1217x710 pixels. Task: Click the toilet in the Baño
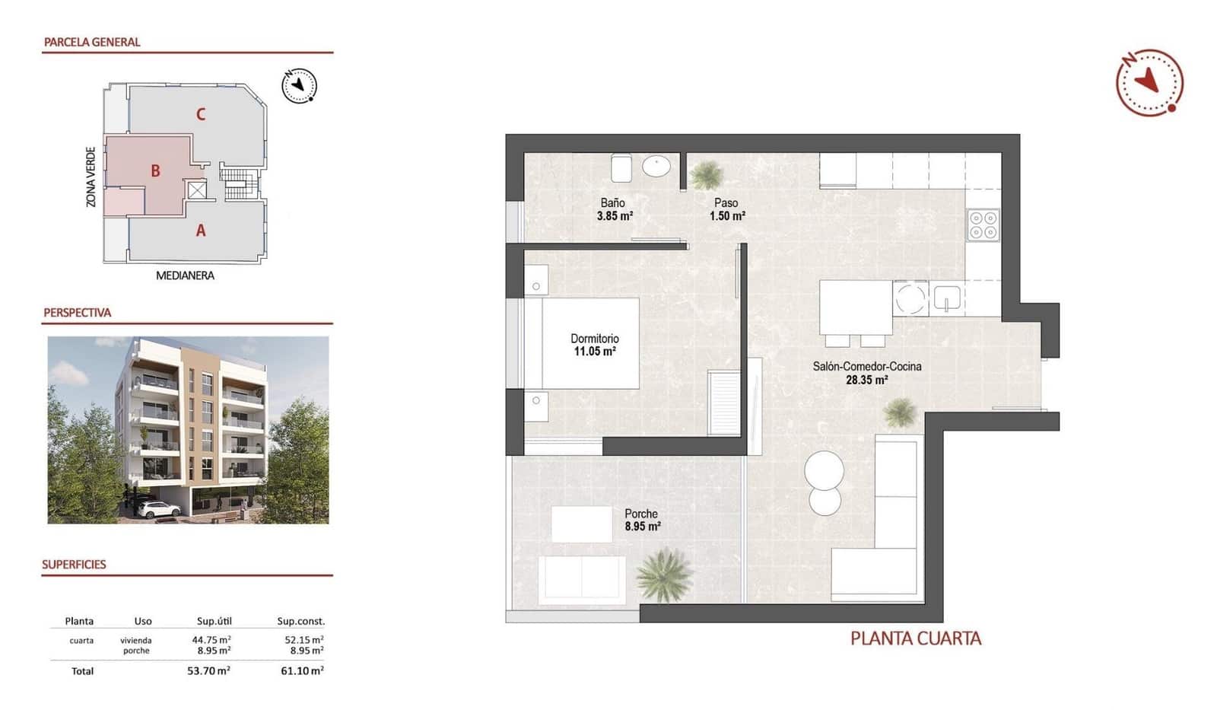tap(621, 168)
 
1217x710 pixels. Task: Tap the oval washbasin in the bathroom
tap(656, 165)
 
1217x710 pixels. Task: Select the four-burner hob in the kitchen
tap(983, 225)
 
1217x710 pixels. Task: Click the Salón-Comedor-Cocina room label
tap(866, 366)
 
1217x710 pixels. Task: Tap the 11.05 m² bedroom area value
tap(594, 352)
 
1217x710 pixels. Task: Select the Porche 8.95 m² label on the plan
tap(642, 520)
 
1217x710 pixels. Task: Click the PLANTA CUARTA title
tap(915, 638)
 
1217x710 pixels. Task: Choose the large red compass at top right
tap(1149, 82)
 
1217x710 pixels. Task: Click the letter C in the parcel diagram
tap(201, 115)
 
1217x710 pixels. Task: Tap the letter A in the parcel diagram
tap(201, 231)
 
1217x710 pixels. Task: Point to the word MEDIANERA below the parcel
tap(185, 275)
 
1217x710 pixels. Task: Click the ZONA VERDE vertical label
tap(91, 177)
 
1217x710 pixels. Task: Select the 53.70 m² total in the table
tap(208, 670)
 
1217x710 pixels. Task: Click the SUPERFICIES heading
tap(74, 565)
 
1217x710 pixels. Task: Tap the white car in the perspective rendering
tap(159, 510)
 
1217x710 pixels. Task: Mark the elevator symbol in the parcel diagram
tap(197, 189)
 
